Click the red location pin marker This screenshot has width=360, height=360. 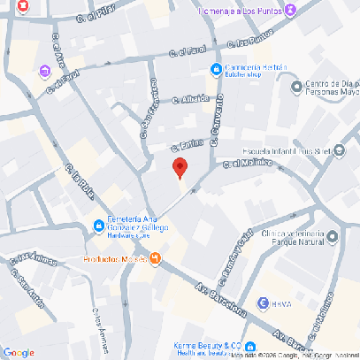point(179,168)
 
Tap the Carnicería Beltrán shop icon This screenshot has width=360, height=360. point(216,70)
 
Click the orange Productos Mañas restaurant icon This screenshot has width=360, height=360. point(156,258)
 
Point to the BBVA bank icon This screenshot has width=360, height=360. point(263,303)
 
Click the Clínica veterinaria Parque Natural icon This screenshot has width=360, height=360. point(329,236)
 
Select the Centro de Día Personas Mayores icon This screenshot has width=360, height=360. point(295,86)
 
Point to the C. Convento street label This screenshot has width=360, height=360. point(213,125)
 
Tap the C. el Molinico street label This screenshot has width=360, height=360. point(243,164)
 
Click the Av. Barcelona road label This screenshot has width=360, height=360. point(220,302)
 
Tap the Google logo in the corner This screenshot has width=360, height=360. point(19,352)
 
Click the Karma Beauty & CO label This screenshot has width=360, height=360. point(209,345)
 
